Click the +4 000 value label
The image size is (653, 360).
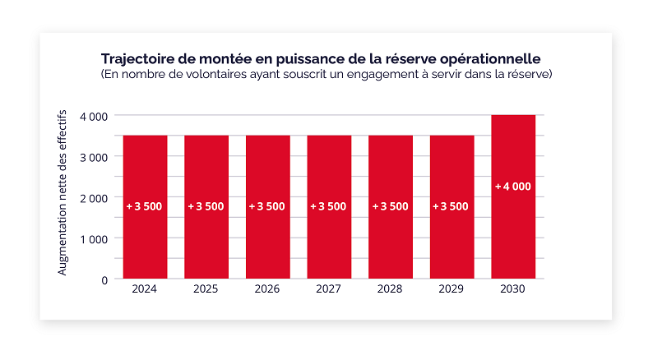tap(513, 187)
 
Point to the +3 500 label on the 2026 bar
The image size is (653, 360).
tap(267, 206)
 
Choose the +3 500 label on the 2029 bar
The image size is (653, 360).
tap(452, 206)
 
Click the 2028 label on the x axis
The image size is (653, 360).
tap(390, 289)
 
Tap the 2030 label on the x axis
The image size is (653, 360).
tap(513, 289)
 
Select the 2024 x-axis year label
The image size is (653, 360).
tap(145, 289)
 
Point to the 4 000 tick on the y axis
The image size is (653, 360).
tap(94, 116)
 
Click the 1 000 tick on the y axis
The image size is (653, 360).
tap(94, 238)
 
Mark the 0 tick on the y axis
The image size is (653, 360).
tap(104, 279)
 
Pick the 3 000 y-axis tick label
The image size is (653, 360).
tap(94, 157)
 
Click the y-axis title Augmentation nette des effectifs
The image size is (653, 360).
tap(63, 197)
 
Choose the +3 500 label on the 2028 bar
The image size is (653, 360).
tap(390, 206)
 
